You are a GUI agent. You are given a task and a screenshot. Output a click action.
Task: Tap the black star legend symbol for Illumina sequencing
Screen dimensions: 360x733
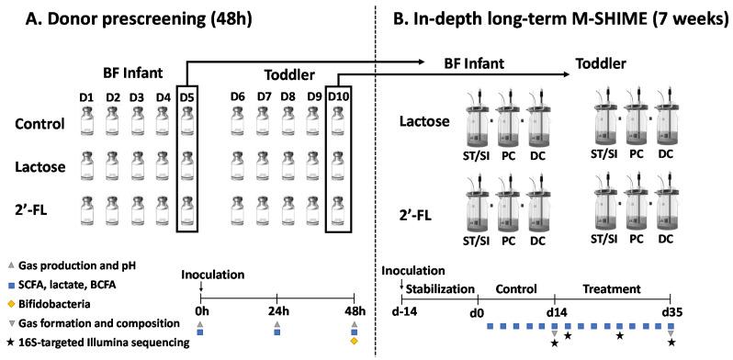(x=12, y=342)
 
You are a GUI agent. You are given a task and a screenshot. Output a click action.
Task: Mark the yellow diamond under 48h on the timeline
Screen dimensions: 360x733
(x=354, y=343)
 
